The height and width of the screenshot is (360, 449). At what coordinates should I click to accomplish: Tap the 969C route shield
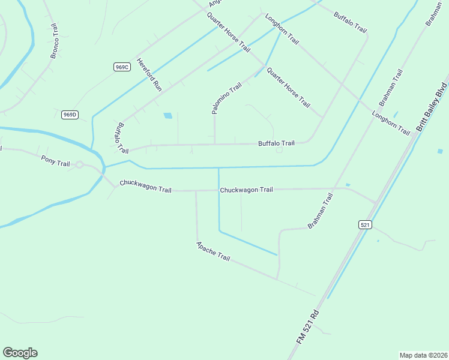click(x=122, y=67)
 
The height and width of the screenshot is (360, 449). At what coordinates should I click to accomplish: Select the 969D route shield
click(x=70, y=114)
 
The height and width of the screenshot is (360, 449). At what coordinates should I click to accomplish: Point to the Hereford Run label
click(x=149, y=74)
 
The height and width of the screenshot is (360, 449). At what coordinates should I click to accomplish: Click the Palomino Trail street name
click(x=226, y=98)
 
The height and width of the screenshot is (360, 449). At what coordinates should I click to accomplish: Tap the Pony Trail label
click(x=56, y=160)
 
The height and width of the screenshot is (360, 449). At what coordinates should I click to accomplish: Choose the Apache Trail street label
click(x=213, y=251)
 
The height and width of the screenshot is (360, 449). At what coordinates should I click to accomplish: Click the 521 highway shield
click(x=365, y=224)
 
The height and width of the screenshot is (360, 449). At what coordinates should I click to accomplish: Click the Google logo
click(x=20, y=353)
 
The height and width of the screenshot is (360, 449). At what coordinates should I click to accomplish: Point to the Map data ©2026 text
click(x=423, y=355)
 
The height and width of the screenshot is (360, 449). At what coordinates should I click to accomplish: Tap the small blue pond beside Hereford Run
click(x=167, y=115)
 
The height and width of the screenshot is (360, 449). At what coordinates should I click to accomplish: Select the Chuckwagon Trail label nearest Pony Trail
click(x=145, y=186)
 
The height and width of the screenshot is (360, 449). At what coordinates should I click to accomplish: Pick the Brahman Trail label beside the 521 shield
click(x=320, y=211)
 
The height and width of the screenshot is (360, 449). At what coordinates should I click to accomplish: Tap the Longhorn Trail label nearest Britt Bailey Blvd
click(x=390, y=122)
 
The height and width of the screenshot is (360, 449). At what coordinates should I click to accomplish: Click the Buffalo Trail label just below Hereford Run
click(x=121, y=137)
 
